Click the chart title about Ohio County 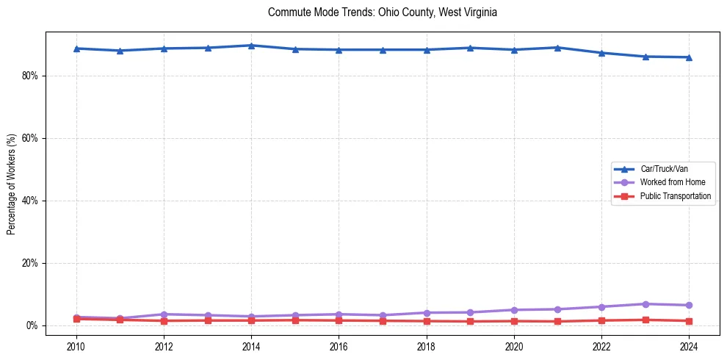[x=383, y=12]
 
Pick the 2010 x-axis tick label [x=76, y=346]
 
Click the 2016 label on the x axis [x=339, y=346]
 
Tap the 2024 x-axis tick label [x=689, y=346]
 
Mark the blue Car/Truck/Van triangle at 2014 [x=251, y=46]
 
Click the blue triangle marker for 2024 [x=689, y=57]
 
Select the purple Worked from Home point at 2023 [x=645, y=304]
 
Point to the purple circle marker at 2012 [x=164, y=314]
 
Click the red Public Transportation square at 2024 [x=689, y=321]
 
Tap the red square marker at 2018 [x=427, y=321]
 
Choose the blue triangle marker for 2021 [x=558, y=48]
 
